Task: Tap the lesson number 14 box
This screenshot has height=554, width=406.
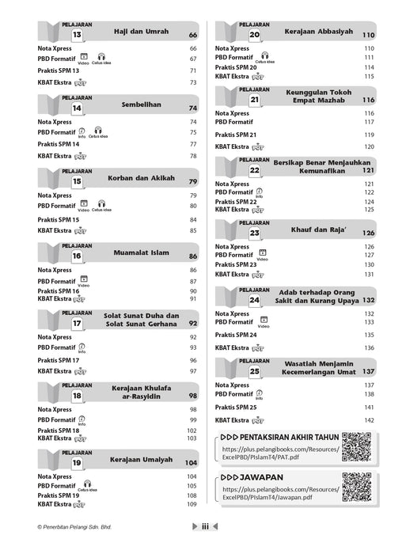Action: coord(77,108)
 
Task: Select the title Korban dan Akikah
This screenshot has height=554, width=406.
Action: coord(135,180)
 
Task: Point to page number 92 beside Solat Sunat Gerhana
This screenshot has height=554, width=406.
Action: coord(192,324)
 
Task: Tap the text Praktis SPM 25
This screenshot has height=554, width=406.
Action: coord(236,407)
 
